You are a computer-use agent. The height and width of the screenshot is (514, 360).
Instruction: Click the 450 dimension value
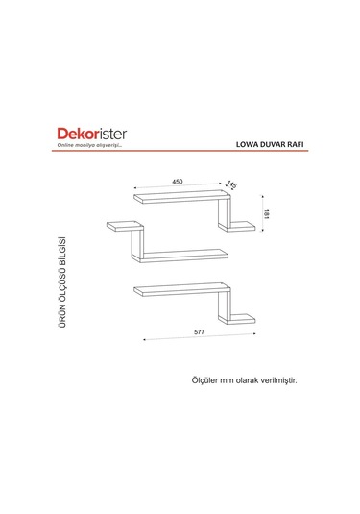[178, 181]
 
